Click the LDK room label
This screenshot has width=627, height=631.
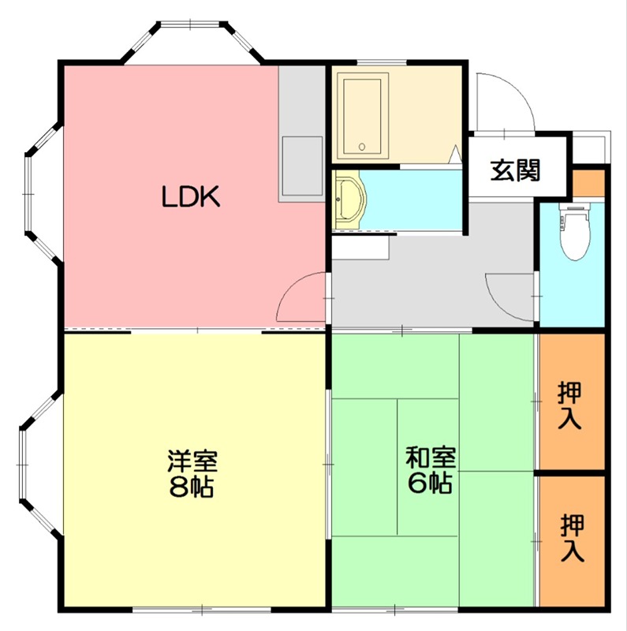pyautogui.click(x=190, y=197)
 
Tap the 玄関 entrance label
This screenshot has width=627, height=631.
pyautogui.click(x=516, y=170)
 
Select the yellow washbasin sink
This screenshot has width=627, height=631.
pyautogui.click(x=348, y=202)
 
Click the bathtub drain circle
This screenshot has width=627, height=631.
pyautogui.click(x=362, y=146)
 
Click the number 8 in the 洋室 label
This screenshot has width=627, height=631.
pyautogui.click(x=178, y=487)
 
